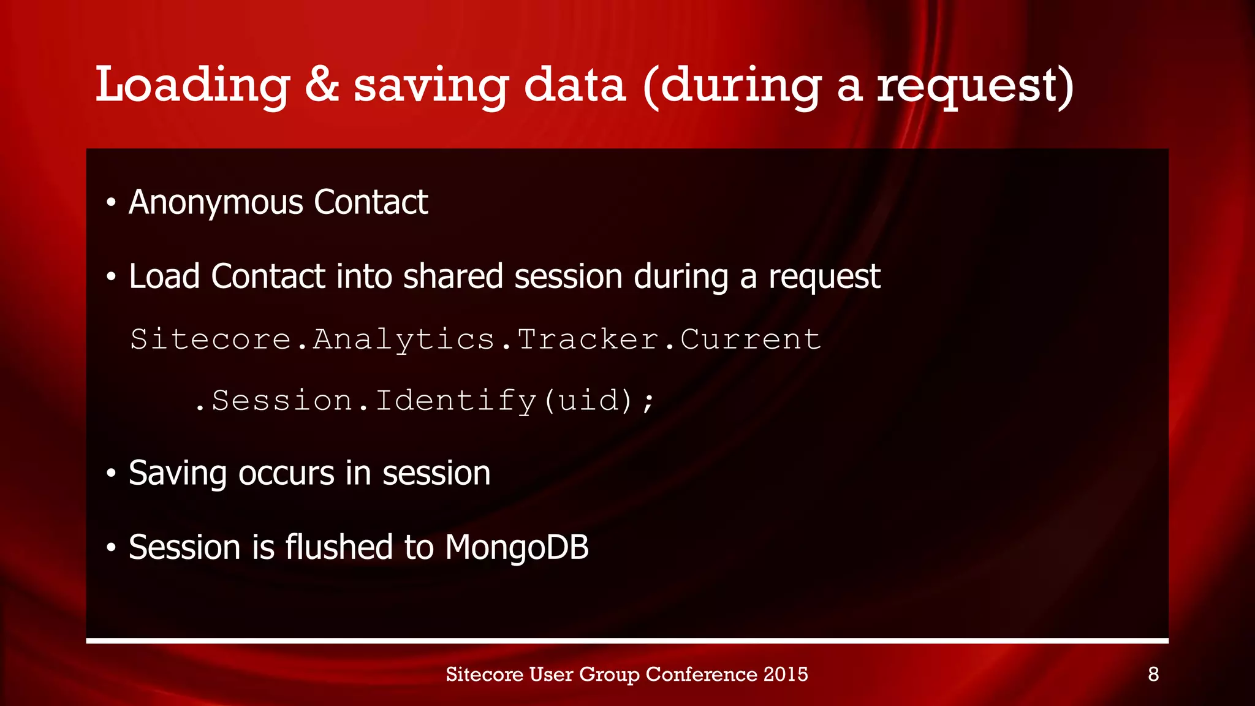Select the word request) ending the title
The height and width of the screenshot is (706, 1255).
974,86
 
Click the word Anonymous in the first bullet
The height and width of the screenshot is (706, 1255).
216,203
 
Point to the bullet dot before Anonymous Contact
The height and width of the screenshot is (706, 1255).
111,203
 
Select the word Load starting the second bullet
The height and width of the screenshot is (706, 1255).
164,276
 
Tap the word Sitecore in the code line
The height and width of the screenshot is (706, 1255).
210,340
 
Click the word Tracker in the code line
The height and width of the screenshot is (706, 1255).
588,340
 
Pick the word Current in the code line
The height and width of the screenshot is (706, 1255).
750,340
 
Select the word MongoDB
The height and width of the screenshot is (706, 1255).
517,547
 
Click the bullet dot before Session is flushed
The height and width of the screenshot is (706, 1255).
111,547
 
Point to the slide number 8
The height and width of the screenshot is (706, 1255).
1153,674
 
